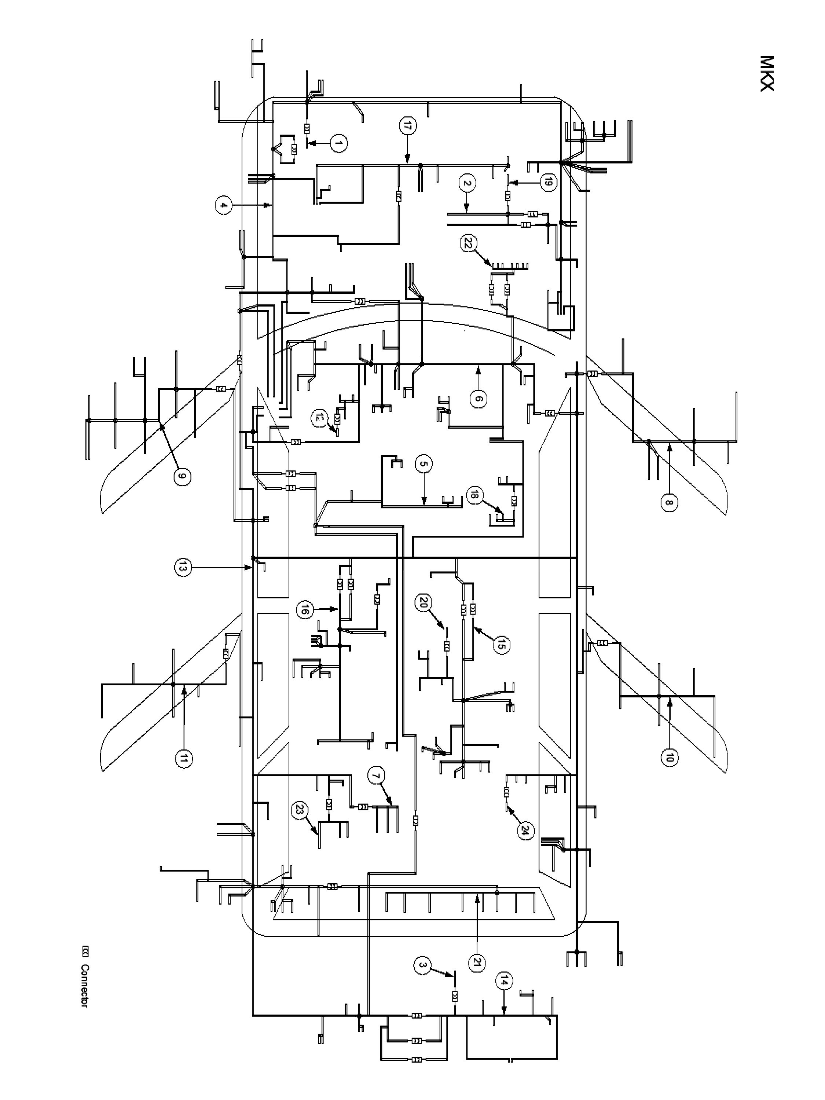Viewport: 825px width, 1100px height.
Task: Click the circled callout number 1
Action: pos(338,144)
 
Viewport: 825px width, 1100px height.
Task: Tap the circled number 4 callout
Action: pos(224,205)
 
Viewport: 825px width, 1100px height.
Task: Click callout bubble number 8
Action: pos(669,502)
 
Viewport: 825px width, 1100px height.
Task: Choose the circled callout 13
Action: pos(183,567)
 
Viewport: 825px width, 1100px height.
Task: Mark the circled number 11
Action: pos(183,759)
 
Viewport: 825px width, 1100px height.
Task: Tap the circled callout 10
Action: pos(669,758)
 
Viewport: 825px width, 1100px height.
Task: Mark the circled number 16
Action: pos(305,609)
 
